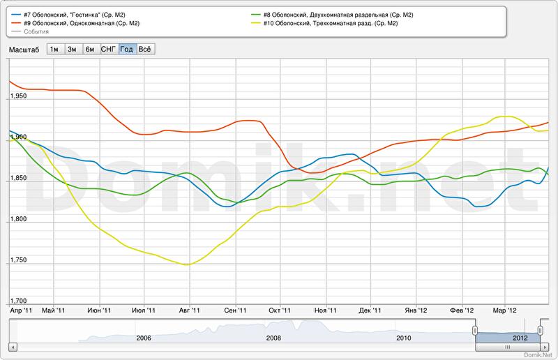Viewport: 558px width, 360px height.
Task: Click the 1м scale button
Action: (x=54, y=49)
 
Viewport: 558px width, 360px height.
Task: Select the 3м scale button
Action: (x=72, y=49)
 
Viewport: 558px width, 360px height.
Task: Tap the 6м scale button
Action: (x=90, y=49)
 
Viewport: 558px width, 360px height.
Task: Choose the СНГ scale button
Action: (x=108, y=49)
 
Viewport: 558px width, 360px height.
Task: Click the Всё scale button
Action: (x=145, y=49)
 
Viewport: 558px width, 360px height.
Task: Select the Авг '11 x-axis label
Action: (x=189, y=310)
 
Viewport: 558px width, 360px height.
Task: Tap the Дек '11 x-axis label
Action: (x=371, y=310)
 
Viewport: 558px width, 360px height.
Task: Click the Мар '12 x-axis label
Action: (x=504, y=310)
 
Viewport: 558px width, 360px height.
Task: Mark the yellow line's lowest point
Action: (x=186, y=264)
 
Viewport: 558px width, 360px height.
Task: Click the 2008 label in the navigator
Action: (x=273, y=338)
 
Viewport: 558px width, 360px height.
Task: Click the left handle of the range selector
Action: (x=474, y=331)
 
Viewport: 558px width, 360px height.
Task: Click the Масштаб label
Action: (x=24, y=49)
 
